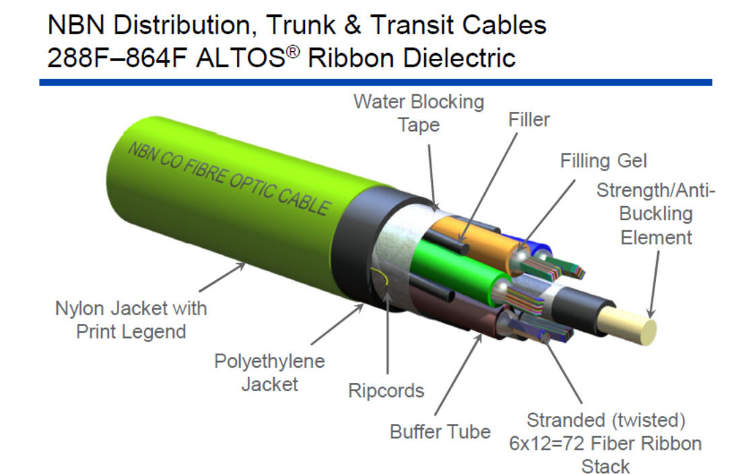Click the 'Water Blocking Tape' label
418,113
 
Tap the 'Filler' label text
529,120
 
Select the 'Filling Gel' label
603,161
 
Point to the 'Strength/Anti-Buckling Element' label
655,214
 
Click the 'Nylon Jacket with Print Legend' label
131,320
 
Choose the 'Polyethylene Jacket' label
269,372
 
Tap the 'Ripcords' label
386,391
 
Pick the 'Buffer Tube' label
440,431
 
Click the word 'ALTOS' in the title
242,57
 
